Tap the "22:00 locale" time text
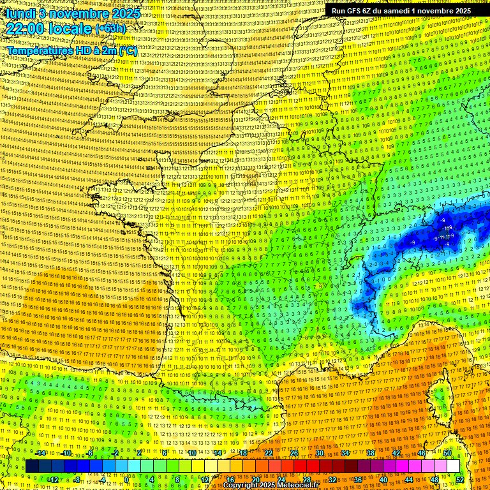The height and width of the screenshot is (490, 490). (x=48, y=29)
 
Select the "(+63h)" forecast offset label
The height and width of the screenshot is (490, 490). (x=110, y=29)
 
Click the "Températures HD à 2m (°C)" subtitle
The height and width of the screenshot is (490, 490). (x=71, y=51)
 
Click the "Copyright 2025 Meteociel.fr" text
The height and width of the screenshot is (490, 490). (x=271, y=485)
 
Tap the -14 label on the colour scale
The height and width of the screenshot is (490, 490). (x=41, y=453)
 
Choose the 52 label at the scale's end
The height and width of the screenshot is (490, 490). (x=460, y=480)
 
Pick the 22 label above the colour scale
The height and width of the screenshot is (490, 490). (x=269, y=453)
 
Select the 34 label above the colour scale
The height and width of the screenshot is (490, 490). (x=345, y=453)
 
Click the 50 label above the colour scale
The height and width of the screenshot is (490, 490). (x=447, y=453)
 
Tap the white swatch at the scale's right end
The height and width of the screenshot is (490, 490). (x=453, y=466)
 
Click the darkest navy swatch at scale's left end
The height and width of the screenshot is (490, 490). (x=33, y=466)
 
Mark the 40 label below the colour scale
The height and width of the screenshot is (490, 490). (x=383, y=480)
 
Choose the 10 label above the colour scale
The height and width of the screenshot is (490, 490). (x=192, y=453)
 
